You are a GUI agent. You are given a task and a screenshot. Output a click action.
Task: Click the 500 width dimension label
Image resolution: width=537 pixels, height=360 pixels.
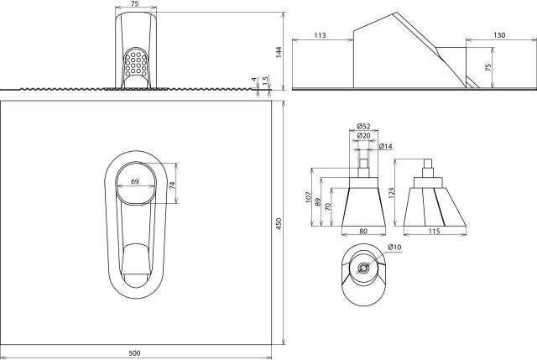[x=134, y=352]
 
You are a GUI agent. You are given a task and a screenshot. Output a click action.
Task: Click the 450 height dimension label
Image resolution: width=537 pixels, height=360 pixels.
[x=279, y=223]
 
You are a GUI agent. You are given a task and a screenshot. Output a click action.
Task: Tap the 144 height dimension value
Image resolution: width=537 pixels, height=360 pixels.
[x=279, y=52]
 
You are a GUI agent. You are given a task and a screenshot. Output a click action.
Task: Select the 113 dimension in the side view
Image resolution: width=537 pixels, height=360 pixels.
[x=320, y=35]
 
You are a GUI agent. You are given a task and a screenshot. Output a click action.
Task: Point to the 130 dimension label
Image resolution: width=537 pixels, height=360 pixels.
[x=499, y=35]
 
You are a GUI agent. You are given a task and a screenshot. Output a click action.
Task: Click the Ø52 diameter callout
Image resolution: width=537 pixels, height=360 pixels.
[x=363, y=127]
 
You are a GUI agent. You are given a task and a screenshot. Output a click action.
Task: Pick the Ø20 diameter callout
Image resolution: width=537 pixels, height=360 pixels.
[x=363, y=136]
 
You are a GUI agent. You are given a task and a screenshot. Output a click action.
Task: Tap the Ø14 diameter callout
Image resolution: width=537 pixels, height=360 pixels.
[x=386, y=147]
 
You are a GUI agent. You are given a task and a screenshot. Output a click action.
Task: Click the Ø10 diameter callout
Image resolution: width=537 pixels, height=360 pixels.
[x=394, y=247]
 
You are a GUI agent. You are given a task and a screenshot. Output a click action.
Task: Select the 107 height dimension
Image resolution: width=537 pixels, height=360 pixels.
[x=308, y=197]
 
